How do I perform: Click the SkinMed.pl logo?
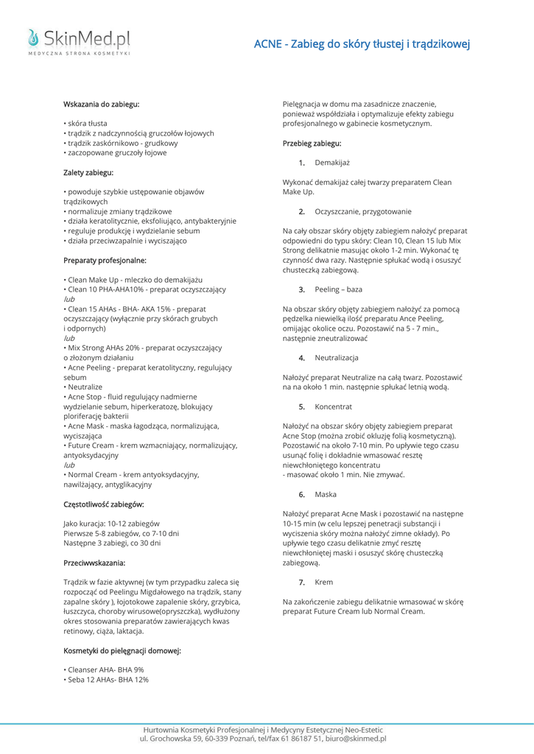(x=79, y=41)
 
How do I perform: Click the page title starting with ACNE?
(x=362, y=44)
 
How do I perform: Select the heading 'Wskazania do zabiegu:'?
(x=102, y=105)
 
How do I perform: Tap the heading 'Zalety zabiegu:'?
(x=88, y=172)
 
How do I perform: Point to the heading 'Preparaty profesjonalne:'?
(x=105, y=260)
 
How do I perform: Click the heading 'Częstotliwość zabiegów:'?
(x=104, y=504)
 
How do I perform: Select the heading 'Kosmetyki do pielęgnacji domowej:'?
(x=122, y=650)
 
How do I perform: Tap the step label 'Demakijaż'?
(x=332, y=163)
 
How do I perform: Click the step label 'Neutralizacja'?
(x=337, y=357)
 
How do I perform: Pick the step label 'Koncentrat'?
(x=333, y=406)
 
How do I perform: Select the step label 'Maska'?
(x=326, y=494)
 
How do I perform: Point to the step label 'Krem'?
(x=323, y=582)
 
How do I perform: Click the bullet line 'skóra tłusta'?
(x=87, y=124)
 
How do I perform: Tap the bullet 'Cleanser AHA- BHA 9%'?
(x=105, y=670)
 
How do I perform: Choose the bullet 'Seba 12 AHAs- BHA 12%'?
(x=108, y=680)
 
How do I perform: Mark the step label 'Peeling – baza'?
(x=338, y=289)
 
